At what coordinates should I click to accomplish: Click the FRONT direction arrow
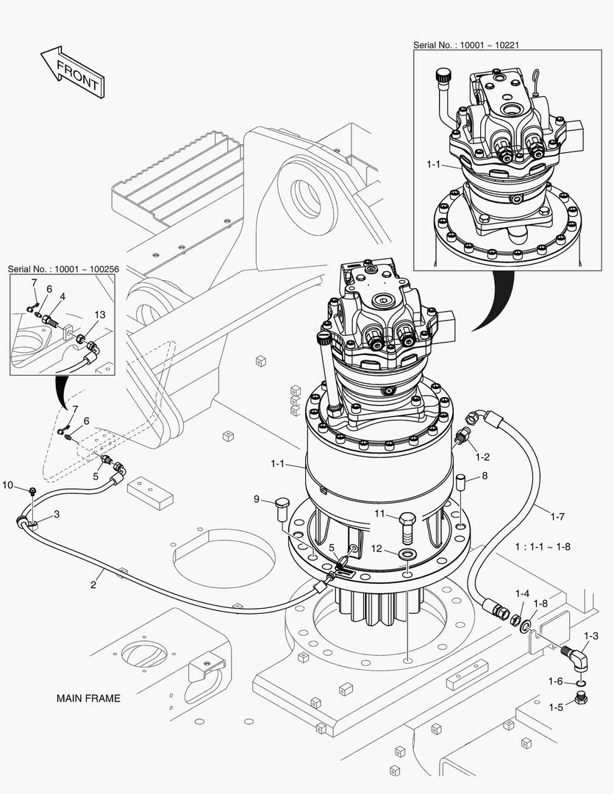click(71, 71)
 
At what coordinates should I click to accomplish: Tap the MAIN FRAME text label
click(88, 698)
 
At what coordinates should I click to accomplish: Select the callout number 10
click(8, 484)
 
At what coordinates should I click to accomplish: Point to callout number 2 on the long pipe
click(93, 585)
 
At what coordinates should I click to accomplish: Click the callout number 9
click(257, 500)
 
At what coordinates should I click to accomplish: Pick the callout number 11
click(379, 513)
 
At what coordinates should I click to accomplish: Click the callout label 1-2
click(482, 457)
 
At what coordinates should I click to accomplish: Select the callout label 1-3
click(590, 636)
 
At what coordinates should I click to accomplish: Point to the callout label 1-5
click(556, 707)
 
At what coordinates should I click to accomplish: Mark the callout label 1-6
click(556, 682)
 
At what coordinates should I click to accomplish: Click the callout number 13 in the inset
click(99, 315)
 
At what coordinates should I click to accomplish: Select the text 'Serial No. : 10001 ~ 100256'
click(63, 270)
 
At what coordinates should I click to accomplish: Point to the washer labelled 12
click(407, 551)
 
